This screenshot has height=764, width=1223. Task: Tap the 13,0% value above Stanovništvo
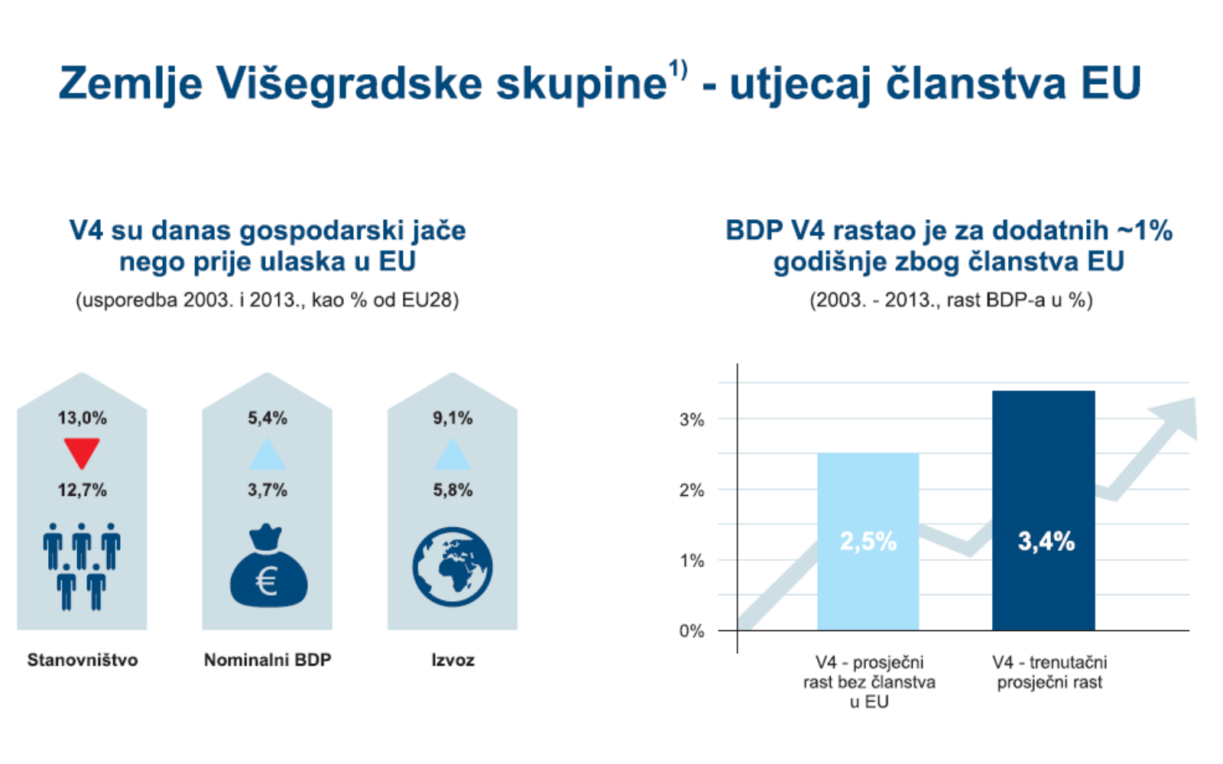[82, 418]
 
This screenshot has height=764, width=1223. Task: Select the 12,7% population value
[82, 490]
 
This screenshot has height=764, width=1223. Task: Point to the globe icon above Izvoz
[453, 567]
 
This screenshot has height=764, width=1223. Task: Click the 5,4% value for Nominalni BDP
[268, 418]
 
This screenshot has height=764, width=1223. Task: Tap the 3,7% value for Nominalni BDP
[268, 490]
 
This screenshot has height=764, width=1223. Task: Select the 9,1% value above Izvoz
[453, 418]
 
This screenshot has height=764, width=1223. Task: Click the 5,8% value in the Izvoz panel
[453, 490]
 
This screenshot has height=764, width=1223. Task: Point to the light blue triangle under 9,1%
[453, 455]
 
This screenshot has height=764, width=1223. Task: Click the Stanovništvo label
[83, 660]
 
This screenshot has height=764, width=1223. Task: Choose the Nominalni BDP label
[268, 660]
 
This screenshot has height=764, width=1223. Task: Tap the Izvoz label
[453, 660]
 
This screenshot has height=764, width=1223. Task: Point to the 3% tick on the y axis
[692, 419]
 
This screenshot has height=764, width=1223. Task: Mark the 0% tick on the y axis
[692, 631]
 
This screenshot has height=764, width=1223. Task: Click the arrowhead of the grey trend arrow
[1178, 416]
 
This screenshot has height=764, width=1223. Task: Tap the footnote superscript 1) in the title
[679, 70]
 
